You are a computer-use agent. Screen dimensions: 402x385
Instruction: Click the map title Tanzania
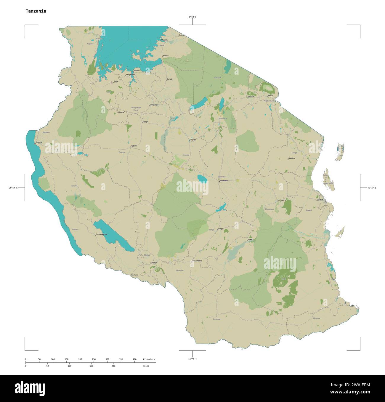pyautogui.click(x=36, y=11)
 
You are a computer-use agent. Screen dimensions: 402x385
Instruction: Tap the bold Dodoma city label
pyautogui.click(x=224, y=181)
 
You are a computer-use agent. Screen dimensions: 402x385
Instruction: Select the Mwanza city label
pyautogui.click(x=137, y=71)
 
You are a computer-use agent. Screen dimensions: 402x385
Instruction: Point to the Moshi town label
pyautogui.click(x=271, y=96)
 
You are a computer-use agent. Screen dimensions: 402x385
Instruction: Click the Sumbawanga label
pyautogui.click(x=102, y=234)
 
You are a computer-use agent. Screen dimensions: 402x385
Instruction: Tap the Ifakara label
pyautogui.click(x=251, y=239)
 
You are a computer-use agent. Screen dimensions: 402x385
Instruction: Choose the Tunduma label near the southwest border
pyautogui.click(x=134, y=275)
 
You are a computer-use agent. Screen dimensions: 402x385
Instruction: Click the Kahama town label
pyautogui.click(x=121, y=112)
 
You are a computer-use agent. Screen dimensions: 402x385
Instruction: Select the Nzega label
pyautogui.click(x=145, y=122)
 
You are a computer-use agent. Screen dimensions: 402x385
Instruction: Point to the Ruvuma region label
pyautogui.click(x=216, y=319)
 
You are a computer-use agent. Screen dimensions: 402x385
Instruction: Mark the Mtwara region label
pyautogui.click(x=317, y=318)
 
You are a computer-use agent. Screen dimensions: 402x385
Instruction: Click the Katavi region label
pyautogui.click(x=74, y=186)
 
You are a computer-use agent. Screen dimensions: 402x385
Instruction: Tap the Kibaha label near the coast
pyautogui.click(x=320, y=199)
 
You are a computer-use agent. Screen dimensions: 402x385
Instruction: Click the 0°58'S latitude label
pyautogui.click(x=192, y=17)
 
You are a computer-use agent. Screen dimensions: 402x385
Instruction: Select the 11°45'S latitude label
pyautogui.click(x=192, y=359)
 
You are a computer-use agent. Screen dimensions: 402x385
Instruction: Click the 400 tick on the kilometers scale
pyautogui.click(x=134, y=359)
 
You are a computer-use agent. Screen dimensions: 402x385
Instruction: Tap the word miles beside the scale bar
pyautogui.click(x=146, y=366)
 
